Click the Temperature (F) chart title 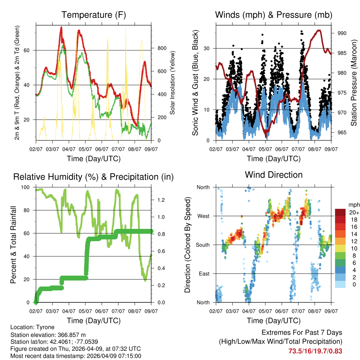point(94,15)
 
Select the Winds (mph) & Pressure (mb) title point(274,15)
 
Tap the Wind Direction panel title point(274,174)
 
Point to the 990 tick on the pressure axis point(341,33)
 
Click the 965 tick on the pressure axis point(341,133)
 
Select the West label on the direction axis point(203,216)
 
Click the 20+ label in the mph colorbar point(354,212)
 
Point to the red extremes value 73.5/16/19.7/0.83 point(315,351)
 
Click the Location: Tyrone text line point(32,327)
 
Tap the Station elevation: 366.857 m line point(48,335)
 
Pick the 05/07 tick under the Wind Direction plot point(265,311)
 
